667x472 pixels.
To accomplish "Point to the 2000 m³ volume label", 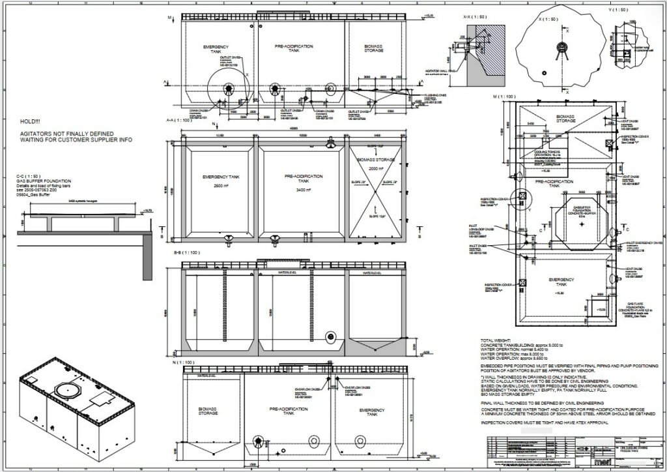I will coord(377,168).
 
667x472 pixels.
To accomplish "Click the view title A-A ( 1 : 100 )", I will coord(179,121).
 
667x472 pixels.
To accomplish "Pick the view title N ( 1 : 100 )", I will coord(177,362).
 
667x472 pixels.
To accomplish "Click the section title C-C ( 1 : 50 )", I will coord(29,177).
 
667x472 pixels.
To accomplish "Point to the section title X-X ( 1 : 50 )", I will coord(472,16).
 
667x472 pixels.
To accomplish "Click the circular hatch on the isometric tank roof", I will coord(68,391).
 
